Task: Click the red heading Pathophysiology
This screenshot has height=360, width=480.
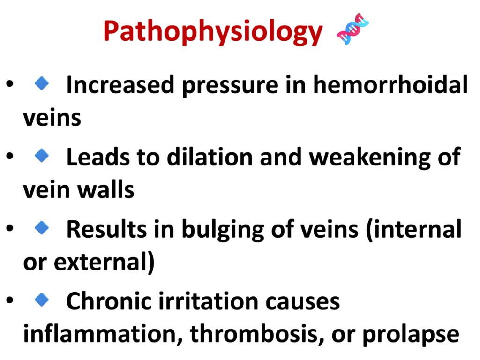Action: tap(213, 32)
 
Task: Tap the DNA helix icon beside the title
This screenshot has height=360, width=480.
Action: tap(352, 29)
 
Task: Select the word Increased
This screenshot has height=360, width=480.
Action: tap(120, 85)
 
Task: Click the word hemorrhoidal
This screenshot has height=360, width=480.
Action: tap(390, 84)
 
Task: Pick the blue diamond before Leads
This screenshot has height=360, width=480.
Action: tap(42, 155)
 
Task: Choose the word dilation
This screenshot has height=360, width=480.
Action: tap(210, 157)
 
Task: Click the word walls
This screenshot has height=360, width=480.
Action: tap(106, 189)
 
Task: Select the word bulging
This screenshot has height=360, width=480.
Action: tap(223, 230)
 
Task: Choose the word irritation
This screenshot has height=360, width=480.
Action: tap(209, 301)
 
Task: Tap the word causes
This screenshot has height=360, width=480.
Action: tap(303, 303)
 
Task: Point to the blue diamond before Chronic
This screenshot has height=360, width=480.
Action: tap(42, 300)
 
